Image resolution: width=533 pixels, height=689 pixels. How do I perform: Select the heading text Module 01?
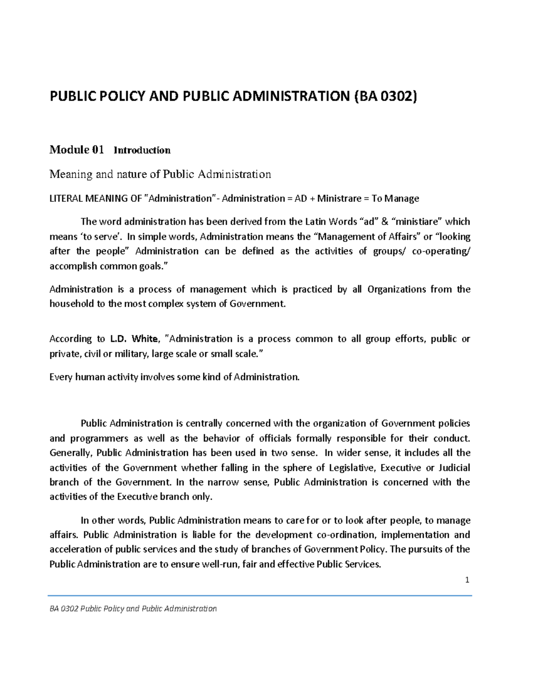tap(76, 150)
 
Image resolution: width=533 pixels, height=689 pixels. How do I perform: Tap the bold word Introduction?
tap(142, 150)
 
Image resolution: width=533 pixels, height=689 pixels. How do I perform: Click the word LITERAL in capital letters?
tap(66, 198)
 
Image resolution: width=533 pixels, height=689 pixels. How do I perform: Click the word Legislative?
tap(352, 468)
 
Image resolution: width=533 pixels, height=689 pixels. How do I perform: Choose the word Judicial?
tap(454, 468)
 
